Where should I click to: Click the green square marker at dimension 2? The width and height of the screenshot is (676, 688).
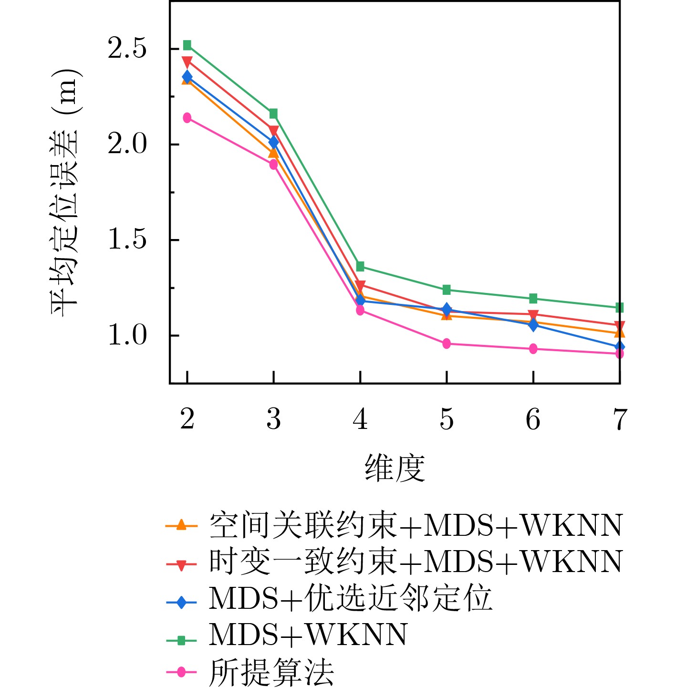[x=187, y=45]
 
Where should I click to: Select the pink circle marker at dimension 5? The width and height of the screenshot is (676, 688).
[x=447, y=344]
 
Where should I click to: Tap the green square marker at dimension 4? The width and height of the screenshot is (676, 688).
[x=360, y=266]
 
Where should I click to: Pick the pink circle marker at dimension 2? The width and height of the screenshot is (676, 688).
[x=187, y=118]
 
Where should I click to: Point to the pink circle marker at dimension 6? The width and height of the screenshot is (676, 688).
[x=533, y=349]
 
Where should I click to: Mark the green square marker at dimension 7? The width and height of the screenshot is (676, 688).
[x=619, y=308]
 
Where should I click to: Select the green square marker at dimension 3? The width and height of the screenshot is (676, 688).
[x=273, y=114]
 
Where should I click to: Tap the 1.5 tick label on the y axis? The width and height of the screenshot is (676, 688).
[x=126, y=240]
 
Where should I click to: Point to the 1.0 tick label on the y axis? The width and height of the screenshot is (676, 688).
[x=126, y=335]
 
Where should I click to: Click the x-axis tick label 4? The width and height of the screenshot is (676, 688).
[x=360, y=419]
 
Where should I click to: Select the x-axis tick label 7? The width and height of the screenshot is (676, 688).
[x=619, y=419]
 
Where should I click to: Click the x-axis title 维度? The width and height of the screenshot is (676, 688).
[x=395, y=468]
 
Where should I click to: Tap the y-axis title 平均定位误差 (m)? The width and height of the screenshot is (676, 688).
[x=64, y=192]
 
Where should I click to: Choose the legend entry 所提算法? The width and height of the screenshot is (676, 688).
[x=271, y=672]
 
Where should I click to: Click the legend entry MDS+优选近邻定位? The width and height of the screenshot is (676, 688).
[x=350, y=598]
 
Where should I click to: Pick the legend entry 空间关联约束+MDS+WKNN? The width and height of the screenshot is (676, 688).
[x=416, y=526]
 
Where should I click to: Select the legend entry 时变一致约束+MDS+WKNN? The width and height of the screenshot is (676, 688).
[x=416, y=562]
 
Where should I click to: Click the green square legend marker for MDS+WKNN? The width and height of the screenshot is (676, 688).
[x=181, y=640]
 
